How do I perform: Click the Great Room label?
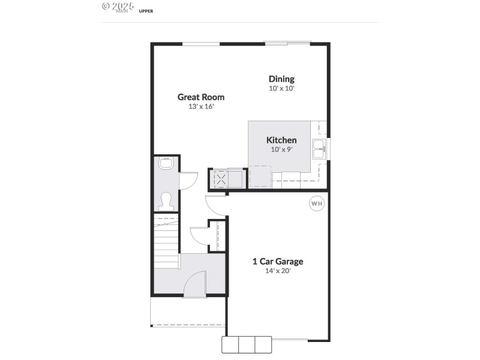point(201,97)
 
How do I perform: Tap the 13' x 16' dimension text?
point(201,106)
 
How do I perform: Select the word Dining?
point(281,79)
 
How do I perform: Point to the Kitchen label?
point(281,140)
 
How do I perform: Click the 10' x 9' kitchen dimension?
point(281,149)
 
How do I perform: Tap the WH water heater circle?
point(316,204)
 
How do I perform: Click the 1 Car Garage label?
point(277,261)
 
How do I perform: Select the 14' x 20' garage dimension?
point(277,271)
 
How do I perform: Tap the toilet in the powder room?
point(166,199)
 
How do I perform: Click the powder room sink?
point(166,163)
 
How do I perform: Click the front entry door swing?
point(195,283)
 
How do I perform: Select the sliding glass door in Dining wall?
point(288,43)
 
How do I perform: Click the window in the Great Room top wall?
point(201,43)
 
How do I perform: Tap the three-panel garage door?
point(247,344)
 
